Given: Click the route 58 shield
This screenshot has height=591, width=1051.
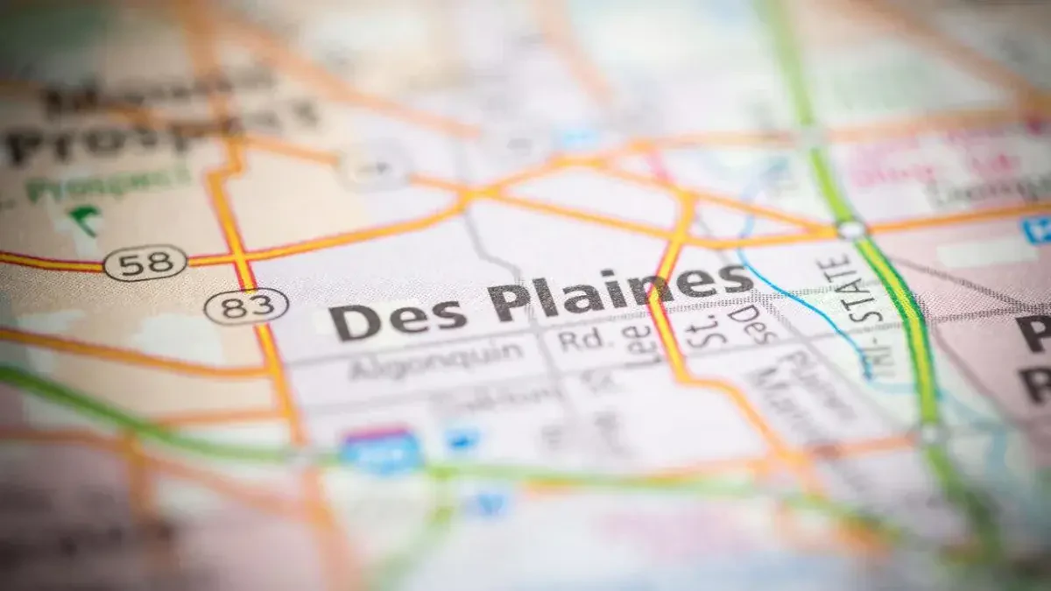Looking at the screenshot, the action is tap(145, 262).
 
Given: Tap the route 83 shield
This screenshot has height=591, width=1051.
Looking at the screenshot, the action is tap(246, 306).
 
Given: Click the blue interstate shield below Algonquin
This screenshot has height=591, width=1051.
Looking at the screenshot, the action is tap(380, 449).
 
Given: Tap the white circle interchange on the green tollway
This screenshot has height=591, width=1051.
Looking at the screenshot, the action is tap(850, 229).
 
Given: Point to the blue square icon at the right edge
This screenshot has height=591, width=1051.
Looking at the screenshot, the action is tap(1037, 229).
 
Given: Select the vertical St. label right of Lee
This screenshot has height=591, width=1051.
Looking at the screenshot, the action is tap(698, 333).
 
